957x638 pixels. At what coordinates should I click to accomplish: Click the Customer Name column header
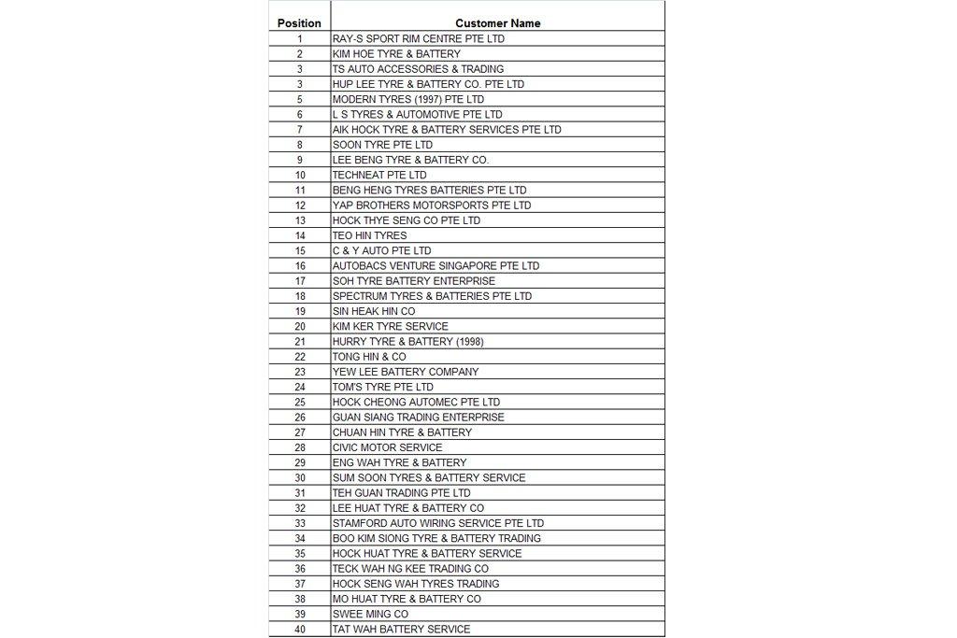pyautogui.click(x=497, y=23)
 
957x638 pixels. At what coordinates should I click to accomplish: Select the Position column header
pyautogui.click(x=299, y=23)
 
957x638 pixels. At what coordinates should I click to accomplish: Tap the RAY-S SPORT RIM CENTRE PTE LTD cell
pyautogui.click(x=419, y=39)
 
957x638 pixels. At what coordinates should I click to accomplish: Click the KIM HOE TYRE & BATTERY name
pyautogui.click(x=396, y=54)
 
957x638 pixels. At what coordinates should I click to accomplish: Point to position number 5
pyautogui.click(x=300, y=99)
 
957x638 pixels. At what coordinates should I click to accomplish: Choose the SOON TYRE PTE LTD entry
pyautogui.click(x=382, y=145)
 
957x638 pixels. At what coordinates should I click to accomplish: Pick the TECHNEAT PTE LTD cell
pyautogui.click(x=379, y=175)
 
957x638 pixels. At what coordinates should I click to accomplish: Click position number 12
pyautogui.click(x=300, y=206)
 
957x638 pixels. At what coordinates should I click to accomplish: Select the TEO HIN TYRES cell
pyautogui.click(x=370, y=235)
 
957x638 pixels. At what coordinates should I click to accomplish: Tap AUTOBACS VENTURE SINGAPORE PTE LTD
pyautogui.click(x=436, y=265)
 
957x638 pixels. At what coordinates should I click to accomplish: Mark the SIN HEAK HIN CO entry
pyautogui.click(x=374, y=311)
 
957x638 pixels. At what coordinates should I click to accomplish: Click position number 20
pyautogui.click(x=300, y=326)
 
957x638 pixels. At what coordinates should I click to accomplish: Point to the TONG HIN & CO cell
pyautogui.click(x=369, y=357)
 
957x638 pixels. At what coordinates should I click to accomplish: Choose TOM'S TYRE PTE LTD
pyautogui.click(x=383, y=387)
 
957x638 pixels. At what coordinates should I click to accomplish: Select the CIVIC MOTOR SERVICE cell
pyautogui.click(x=388, y=447)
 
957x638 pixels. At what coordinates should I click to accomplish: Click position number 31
pyautogui.click(x=300, y=492)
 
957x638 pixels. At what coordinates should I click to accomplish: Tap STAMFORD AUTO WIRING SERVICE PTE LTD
pyautogui.click(x=438, y=523)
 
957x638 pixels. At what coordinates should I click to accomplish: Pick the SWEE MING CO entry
pyautogui.click(x=370, y=614)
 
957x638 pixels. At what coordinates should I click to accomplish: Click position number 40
pyautogui.click(x=300, y=629)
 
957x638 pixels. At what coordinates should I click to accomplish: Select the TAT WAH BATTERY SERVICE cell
pyautogui.click(x=402, y=629)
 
